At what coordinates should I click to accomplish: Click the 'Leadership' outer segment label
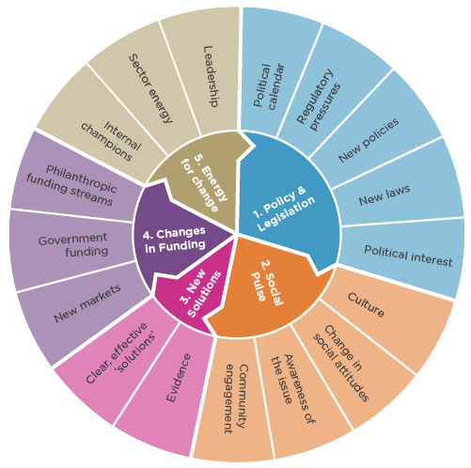(x=211, y=77)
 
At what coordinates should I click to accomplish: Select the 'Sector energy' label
(x=150, y=88)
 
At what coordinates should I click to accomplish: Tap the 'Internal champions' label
(x=112, y=141)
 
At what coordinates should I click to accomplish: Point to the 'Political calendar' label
(x=269, y=86)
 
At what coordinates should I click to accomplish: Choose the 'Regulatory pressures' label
(x=319, y=100)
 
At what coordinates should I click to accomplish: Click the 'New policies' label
(x=369, y=140)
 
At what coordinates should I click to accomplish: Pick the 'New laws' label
(x=385, y=195)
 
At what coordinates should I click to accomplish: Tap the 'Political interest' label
(x=408, y=256)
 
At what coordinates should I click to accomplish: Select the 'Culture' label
(x=366, y=304)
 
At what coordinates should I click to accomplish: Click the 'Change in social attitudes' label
(x=341, y=363)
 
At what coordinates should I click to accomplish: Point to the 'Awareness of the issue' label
(x=293, y=388)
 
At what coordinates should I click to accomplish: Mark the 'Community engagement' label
(x=237, y=398)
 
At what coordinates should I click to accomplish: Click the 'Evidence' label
(x=179, y=378)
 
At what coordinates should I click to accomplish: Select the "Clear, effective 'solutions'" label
(x=121, y=352)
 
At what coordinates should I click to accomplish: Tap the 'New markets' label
(x=87, y=304)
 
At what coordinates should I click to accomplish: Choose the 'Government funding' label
(x=73, y=245)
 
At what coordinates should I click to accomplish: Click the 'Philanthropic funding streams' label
(x=71, y=185)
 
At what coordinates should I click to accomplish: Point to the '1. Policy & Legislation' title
(x=284, y=209)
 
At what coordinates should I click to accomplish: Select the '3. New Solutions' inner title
(x=200, y=293)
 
